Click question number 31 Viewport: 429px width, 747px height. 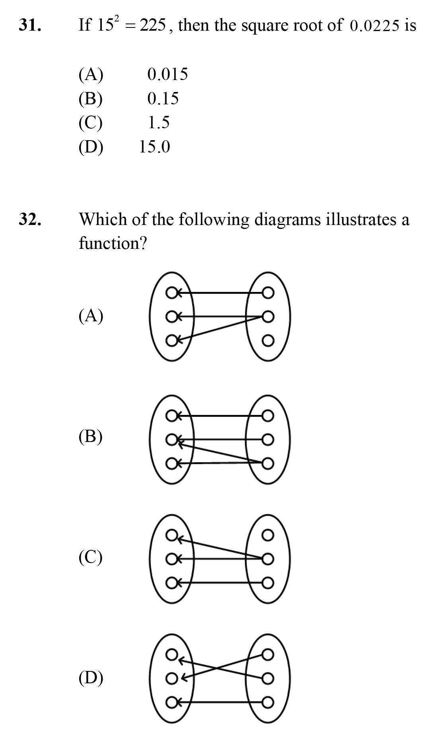coord(30,25)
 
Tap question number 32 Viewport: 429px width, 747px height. coord(30,219)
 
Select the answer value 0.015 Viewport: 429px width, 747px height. coord(168,74)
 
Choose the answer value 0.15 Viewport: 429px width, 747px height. coord(163,99)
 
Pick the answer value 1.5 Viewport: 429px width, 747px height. coord(159,123)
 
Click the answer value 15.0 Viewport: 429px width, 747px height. coord(154,147)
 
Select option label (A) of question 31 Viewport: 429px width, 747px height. coord(91,74)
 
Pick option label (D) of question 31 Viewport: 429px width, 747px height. coord(91,147)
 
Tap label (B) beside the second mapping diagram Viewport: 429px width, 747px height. coord(91,436)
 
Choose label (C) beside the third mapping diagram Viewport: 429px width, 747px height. coord(91,557)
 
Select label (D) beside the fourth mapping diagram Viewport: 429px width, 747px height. coord(91,677)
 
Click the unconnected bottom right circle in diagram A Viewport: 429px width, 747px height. coord(268,341)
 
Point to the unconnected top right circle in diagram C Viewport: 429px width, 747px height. coord(268,535)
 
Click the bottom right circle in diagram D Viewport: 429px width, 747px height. coord(268,702)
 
